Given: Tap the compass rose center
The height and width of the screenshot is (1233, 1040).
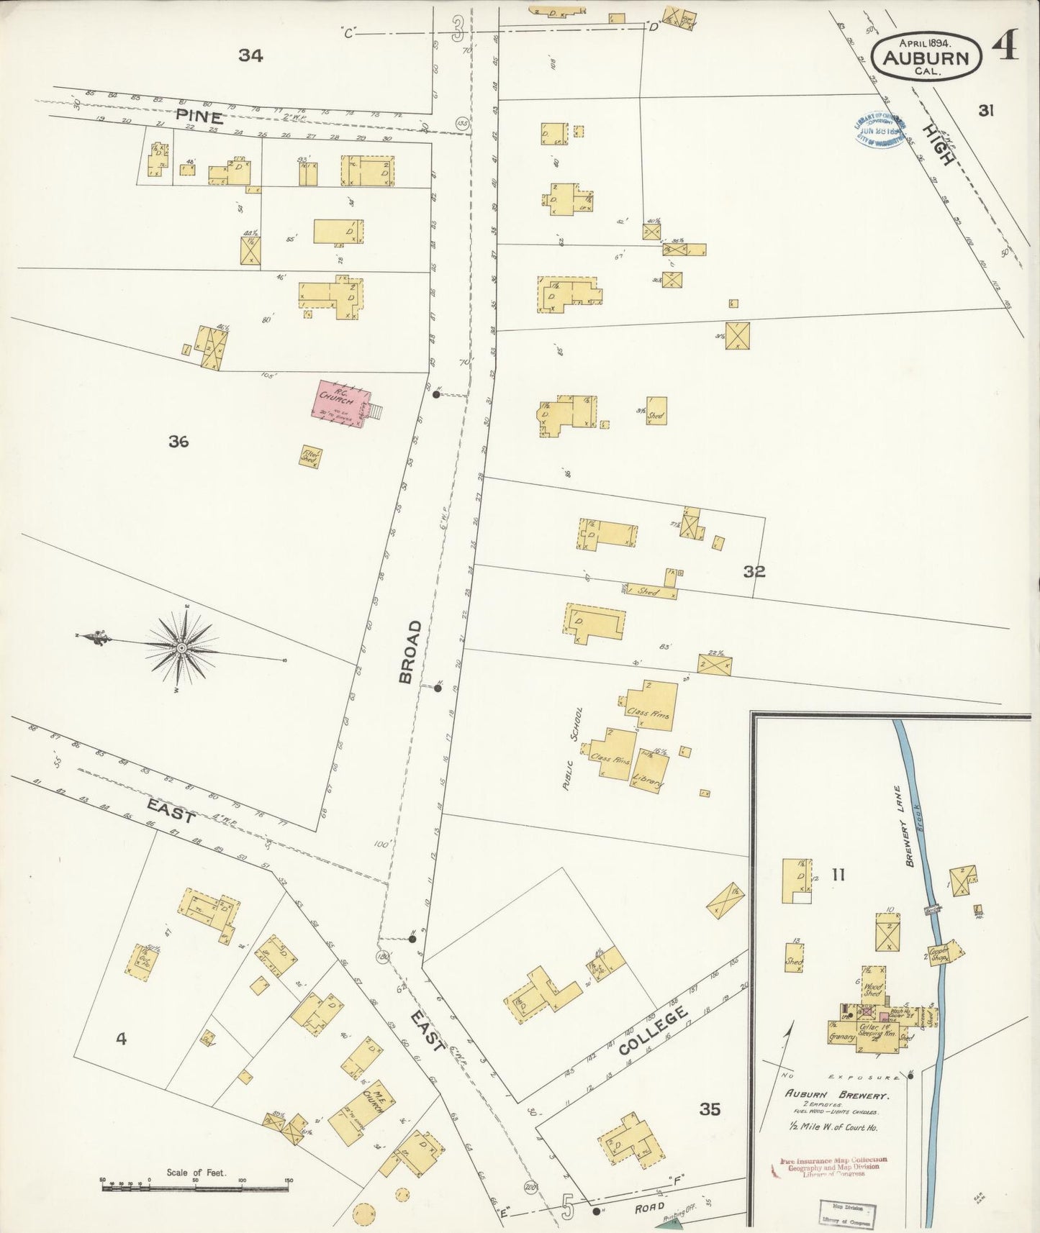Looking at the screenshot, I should click(182, 647).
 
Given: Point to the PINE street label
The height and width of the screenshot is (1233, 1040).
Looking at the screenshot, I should click(199, 117).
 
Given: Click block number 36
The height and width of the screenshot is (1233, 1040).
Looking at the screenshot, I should click(178, 442).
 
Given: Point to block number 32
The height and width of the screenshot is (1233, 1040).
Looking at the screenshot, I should click(754, 572).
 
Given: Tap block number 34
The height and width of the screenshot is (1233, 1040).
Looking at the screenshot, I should click(250, 55).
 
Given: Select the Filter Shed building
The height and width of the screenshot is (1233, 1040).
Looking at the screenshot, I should click(311, 457).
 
